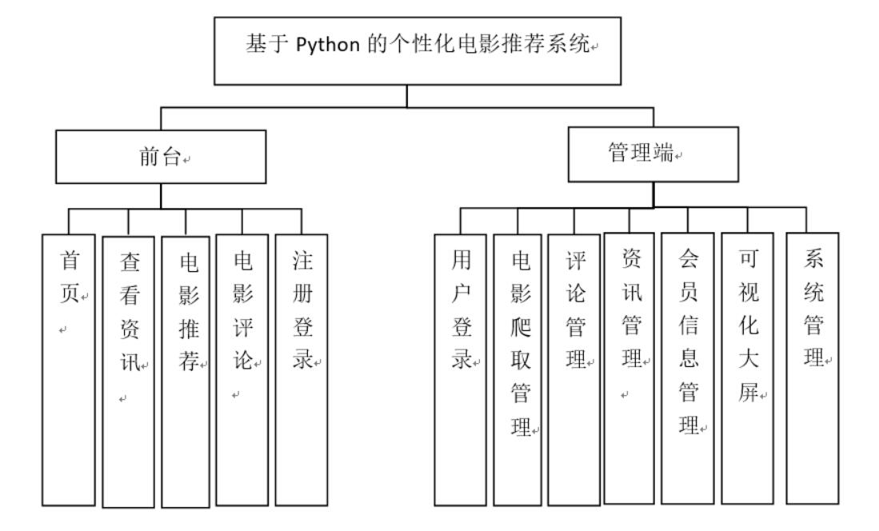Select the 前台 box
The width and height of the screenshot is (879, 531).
[x=161, y=158]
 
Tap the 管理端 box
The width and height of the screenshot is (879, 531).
[x=653, y=154]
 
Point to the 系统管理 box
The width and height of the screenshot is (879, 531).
[x=813, y=368]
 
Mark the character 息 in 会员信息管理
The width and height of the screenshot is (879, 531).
[x=685, y=357]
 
